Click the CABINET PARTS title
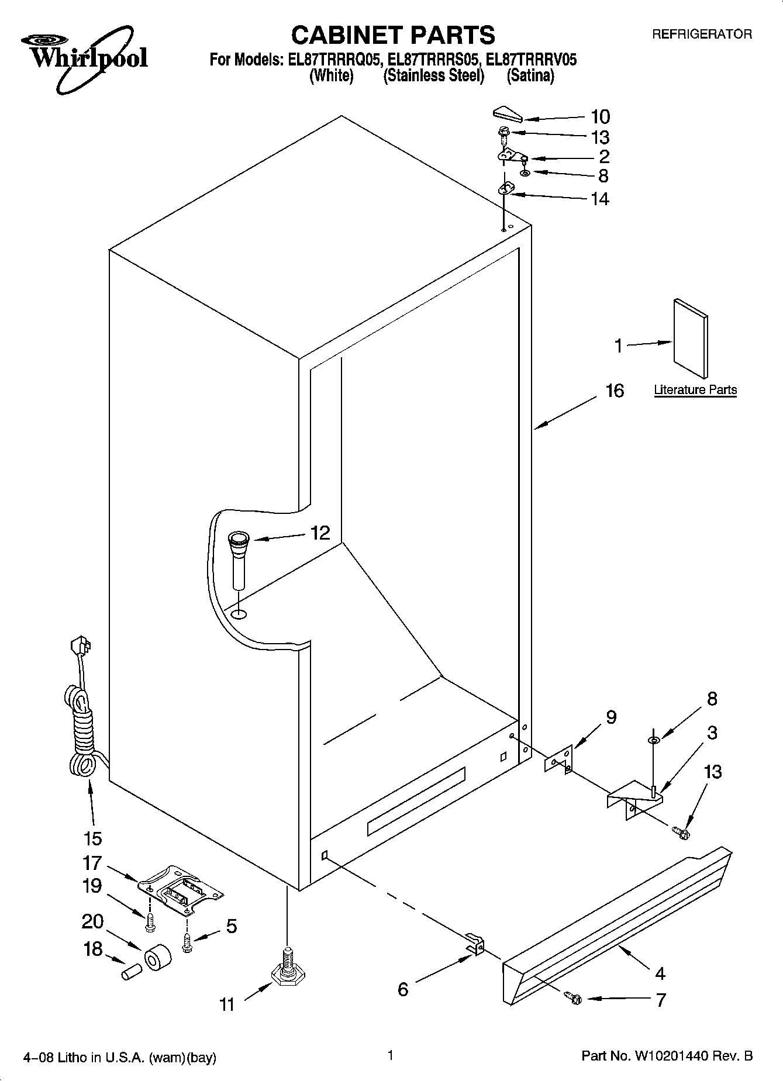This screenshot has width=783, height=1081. coord(392,36)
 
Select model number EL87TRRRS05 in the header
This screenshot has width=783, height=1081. coord(432,60)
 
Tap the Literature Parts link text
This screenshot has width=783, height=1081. coord(695,390)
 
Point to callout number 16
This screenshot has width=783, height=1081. coord(614,391)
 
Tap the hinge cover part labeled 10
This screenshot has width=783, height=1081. coord(508,114)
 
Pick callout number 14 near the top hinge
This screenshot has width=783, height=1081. coord(600,199)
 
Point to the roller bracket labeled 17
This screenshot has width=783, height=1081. coord(181,888)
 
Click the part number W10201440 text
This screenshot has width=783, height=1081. coord(670,1056)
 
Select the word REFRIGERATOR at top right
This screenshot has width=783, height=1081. coord(702,34)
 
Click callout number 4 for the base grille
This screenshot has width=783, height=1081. coord(660,973)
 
